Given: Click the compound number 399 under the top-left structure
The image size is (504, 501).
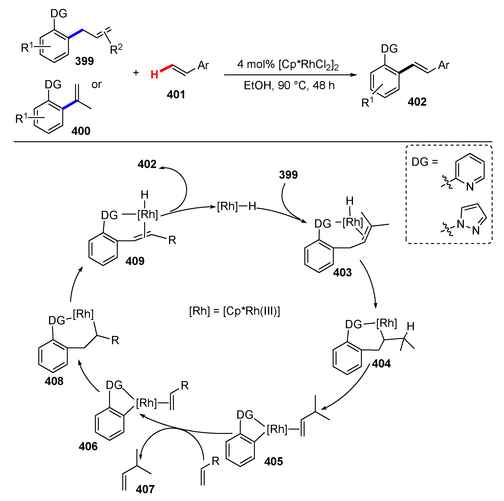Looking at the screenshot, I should (84, 61).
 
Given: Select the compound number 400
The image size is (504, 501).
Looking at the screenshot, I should (81, 131).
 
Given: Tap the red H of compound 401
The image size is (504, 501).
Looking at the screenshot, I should (154, 75).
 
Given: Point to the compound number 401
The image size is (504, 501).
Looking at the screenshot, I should (176, 94).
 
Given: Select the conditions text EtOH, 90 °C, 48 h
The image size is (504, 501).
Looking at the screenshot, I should (289, 86).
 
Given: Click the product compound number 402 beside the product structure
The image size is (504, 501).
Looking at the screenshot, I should (417, 102).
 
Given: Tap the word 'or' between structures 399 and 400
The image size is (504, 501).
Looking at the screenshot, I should (97, 84).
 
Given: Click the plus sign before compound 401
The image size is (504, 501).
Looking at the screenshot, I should (136, 73).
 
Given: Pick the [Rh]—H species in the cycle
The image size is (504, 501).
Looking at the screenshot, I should (237, 206).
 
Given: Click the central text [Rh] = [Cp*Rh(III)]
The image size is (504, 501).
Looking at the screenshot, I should (235, 311).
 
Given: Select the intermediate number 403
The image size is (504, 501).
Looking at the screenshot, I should (342, 273).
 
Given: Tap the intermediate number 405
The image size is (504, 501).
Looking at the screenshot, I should (273, 462).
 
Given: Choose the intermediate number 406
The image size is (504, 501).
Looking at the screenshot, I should (88, 446).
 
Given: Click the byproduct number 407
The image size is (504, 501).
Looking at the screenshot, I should (145, 489).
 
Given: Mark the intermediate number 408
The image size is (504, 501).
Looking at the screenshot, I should (54, 381).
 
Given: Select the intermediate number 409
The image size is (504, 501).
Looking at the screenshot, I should (135, 261).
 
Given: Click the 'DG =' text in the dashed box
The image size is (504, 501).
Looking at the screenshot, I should (424, 162).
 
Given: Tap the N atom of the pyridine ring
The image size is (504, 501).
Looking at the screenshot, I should (470, 187).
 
